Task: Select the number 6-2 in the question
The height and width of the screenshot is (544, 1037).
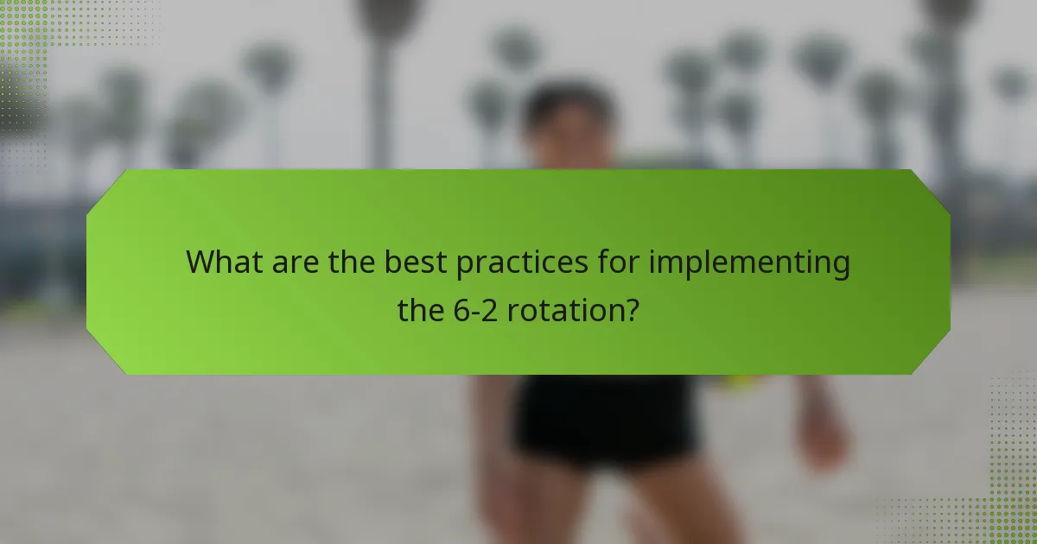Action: point(476,310)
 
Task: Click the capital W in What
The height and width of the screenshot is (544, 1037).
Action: point(200,262)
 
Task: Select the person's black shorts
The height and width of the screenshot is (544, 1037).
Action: point(605,419)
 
